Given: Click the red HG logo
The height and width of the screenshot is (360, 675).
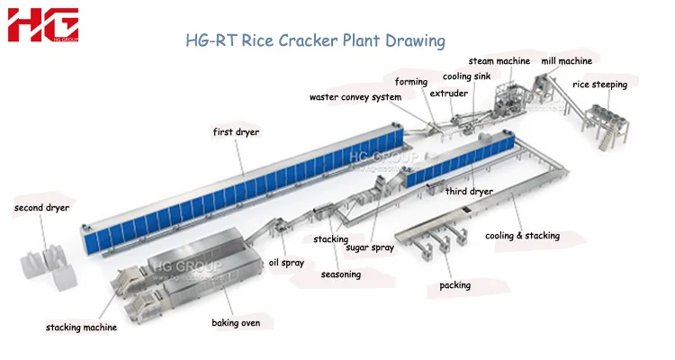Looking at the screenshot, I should [43, 25].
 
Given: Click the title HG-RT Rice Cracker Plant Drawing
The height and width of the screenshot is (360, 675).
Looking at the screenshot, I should [315, 40].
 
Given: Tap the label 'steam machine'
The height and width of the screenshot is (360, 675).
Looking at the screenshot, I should [499, 61].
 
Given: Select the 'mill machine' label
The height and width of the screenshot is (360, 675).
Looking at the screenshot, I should [566, 61].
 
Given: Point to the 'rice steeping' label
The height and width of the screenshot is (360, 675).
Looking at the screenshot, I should [599, 85].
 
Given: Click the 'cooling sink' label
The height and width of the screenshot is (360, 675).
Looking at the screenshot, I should [466, 76].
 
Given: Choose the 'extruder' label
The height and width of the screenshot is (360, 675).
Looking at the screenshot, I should [448, 93].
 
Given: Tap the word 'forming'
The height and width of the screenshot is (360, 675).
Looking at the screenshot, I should [411, 83].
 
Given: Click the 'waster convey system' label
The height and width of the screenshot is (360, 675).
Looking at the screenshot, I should [355, 97].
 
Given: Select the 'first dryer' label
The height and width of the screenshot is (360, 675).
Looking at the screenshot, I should [236, 132].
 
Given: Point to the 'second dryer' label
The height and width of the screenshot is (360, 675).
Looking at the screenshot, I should [41, 208].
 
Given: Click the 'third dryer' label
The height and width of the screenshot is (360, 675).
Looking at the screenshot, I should [469, 192].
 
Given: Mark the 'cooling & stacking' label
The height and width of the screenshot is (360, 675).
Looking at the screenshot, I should [522, 236].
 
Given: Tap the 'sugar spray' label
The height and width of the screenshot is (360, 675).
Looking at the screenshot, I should [370, 247].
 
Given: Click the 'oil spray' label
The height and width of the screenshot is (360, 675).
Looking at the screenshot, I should [286, 263].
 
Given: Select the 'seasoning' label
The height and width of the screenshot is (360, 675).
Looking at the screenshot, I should [341, 274].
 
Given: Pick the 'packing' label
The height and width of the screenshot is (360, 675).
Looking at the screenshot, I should [454, 285].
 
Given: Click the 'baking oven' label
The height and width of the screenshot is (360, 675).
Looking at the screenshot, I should [237, 322].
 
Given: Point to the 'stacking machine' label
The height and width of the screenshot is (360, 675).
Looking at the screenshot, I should [81, 328].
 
